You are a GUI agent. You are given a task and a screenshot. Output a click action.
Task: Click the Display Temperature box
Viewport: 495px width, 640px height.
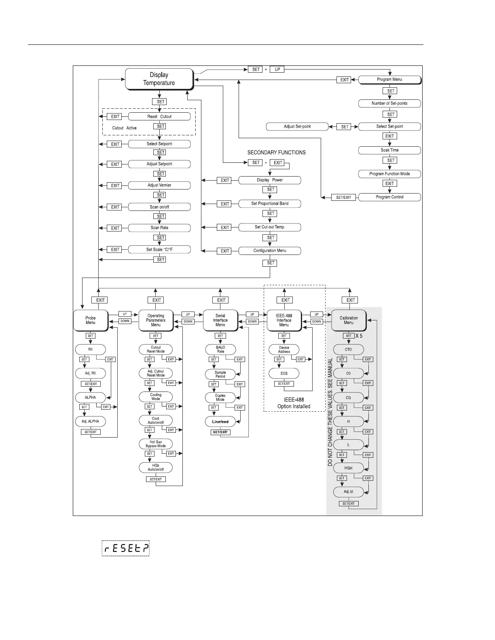click(x=159, y=79)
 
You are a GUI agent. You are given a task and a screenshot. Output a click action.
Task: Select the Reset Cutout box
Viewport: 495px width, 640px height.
click(x=159, y=116)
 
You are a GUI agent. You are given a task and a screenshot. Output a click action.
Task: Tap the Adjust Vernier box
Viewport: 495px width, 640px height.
click(x=159, y=185)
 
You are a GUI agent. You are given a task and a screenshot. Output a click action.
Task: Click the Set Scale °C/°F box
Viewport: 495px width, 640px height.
click(x=159, y=250)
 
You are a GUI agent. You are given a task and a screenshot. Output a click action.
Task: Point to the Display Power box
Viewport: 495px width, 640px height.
click(x=270, y=180)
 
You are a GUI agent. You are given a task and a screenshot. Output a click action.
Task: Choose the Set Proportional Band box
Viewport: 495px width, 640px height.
click(x=270, y=204)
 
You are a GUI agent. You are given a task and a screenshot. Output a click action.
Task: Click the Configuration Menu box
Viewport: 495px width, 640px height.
click(x=270, y=251)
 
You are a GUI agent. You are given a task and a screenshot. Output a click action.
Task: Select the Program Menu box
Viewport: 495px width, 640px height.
click(x=389, y=80)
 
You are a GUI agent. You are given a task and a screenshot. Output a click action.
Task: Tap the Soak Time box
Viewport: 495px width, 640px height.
click(x=389, y=150)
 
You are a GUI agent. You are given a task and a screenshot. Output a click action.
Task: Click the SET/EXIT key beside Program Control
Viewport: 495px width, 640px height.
click(x=344, y=198)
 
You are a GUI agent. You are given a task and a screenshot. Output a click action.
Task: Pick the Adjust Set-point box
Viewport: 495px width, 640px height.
click(x=297, y=126)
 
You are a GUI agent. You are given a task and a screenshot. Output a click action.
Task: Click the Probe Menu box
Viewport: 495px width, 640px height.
click(x=91, y=320)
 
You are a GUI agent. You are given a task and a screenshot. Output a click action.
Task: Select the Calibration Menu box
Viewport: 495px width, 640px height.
click(x=349, y=320)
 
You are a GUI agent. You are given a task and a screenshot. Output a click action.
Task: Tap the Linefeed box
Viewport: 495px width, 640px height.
click(x=220, y=422)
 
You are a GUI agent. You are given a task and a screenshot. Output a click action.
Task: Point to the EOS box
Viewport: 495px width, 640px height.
click(x=284, y=373)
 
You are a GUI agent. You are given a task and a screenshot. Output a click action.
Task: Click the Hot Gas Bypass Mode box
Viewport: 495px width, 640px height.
click(x=156, y=444)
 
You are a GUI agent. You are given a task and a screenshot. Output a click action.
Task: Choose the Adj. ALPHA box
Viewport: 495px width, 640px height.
click(x=90, y=421)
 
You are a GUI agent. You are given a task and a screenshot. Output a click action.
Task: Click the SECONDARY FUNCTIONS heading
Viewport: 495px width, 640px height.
click(x=277, y=153)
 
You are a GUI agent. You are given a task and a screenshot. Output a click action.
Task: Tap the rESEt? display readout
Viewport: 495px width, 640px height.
click(x=125, y=548)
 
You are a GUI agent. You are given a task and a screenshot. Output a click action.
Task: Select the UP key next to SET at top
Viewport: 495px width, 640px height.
click(x=277, y=69)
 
